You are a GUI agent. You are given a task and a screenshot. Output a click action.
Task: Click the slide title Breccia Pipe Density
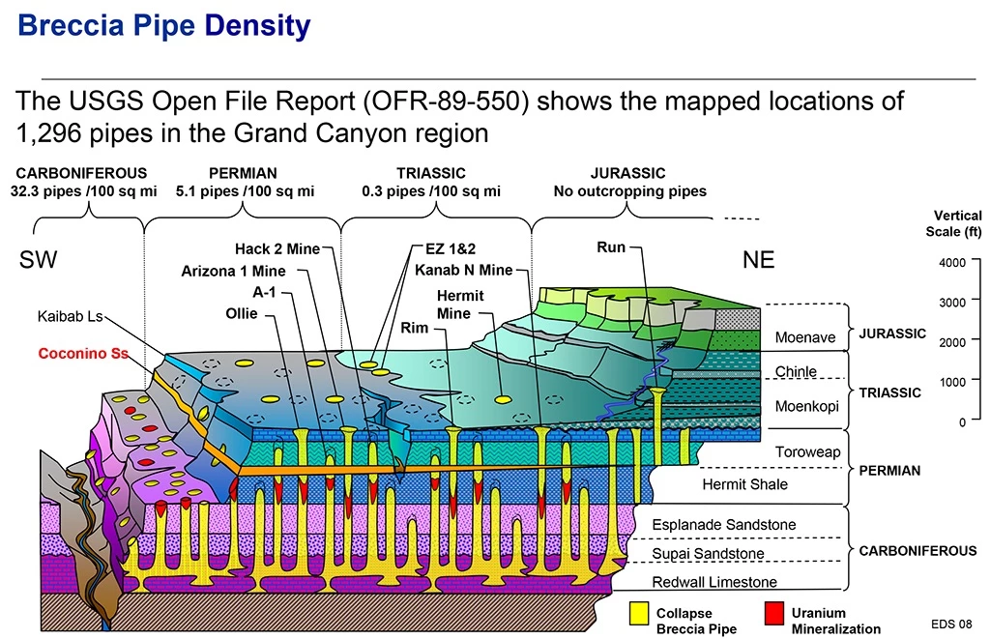pos(164,25)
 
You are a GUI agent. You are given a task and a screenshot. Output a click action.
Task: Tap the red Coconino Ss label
pos(83,354)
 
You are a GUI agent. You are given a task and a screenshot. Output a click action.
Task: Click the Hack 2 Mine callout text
pos(277,249)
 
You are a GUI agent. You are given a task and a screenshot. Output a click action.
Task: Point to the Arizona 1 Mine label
pos(233,271)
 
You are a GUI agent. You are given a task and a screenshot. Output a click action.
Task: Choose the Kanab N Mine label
pos(463,270)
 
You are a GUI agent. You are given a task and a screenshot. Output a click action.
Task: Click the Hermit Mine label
pos(460,305)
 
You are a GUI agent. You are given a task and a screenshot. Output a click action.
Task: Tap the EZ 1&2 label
pos(451,249)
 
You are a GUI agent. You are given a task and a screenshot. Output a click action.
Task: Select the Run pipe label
pos(611,247)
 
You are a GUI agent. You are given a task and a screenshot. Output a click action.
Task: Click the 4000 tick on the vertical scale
pos(952,262)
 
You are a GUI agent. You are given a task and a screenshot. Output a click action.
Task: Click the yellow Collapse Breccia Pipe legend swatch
pos(638,614)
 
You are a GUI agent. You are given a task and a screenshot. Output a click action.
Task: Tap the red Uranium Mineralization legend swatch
pos(772,614)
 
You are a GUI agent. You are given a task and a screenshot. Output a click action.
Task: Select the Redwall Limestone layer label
pos(714,582)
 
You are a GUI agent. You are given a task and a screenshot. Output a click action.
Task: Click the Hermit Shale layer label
pos(744,484)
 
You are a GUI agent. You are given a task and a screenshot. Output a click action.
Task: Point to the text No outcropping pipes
pos(629,191)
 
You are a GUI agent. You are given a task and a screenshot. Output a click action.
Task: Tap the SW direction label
pos(39,261)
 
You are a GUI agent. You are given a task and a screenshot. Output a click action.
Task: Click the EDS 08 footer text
pos(951,623)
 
